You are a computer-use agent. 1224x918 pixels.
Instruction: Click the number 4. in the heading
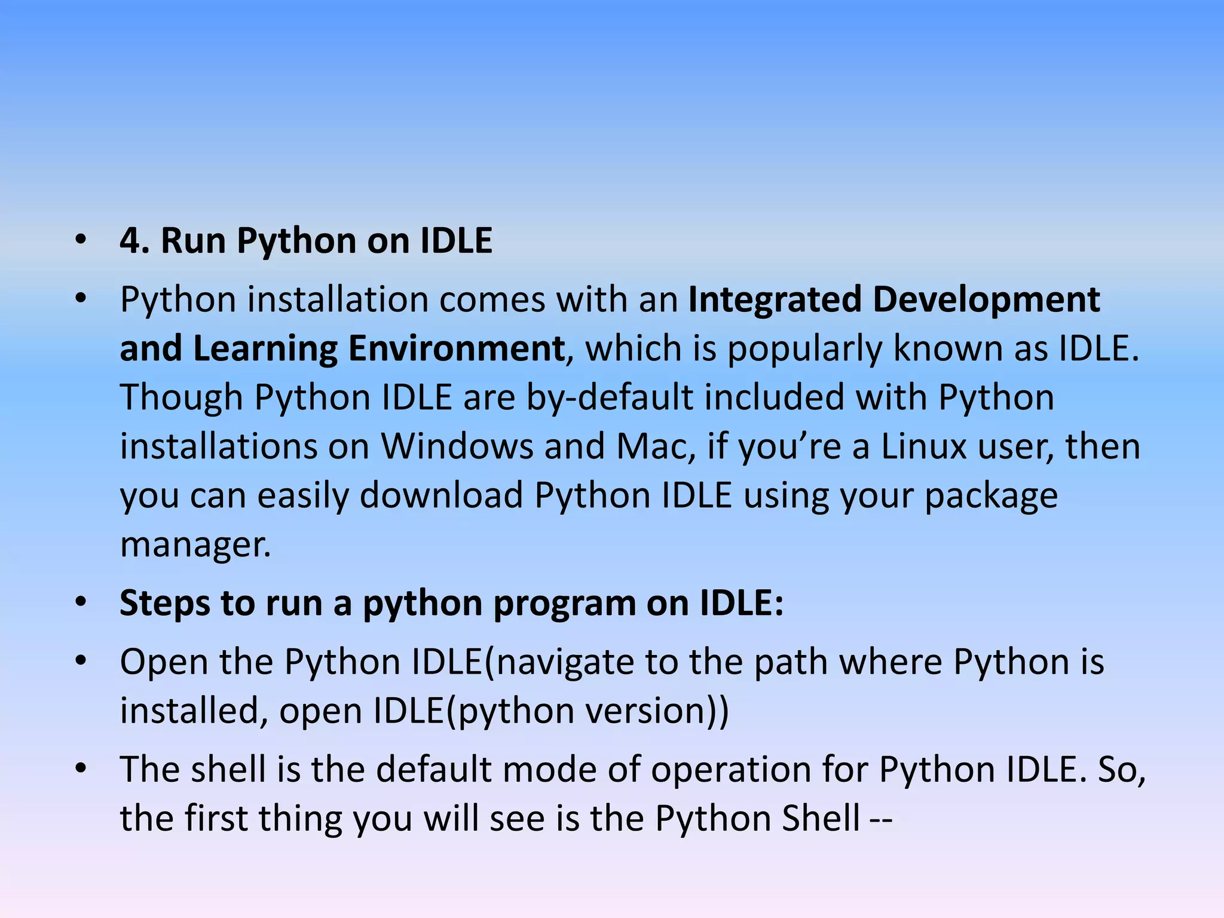[134, 241]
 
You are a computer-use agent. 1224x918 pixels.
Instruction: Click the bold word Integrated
[775, 299]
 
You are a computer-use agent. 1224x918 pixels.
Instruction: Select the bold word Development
[986, 299]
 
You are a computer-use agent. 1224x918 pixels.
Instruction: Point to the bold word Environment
[457, 348]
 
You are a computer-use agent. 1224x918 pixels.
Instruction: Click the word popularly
[804, 348]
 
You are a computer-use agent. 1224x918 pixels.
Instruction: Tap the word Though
[181, 397]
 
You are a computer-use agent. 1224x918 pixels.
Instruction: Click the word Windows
[457, 446]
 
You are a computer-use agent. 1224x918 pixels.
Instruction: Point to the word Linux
[924, 446]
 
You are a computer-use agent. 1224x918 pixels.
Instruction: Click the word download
[441, 495]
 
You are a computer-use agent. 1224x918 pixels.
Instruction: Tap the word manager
[195, 545]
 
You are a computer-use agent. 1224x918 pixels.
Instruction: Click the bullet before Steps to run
[81, 603]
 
